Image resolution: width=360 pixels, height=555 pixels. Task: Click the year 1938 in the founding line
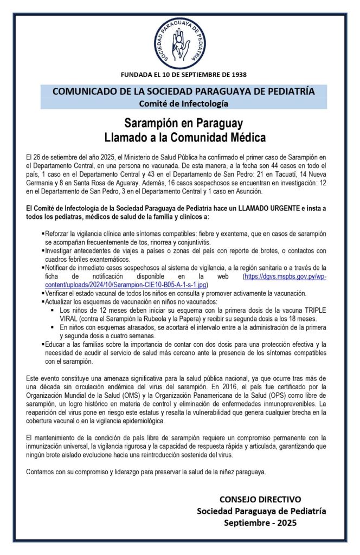(238, 74)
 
